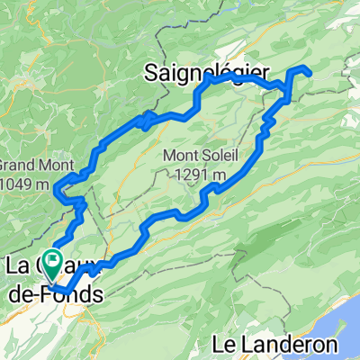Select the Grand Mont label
[x=29, y=165]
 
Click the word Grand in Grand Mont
[x=14, y=165]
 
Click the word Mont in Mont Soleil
[x=177, y=154]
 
